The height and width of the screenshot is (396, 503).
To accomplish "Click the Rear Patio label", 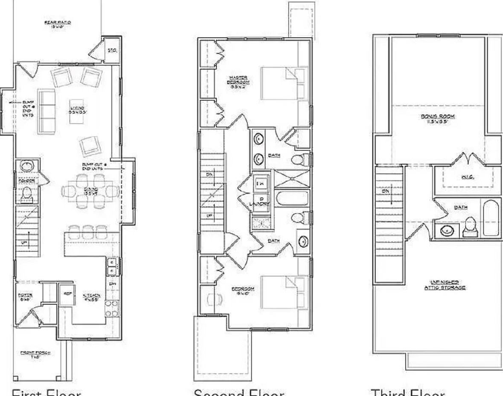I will pyautogui.click(x=58, y=24).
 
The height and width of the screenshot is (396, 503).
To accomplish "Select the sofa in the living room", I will pyautogui.click(x=47, y=111).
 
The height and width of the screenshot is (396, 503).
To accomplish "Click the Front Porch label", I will pyautogui.click(x=36, y=354).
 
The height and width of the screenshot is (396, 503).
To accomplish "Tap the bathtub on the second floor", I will pyautogui.click(x=292, y=199).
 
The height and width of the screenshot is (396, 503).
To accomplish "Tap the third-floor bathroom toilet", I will pyautogui.click(x=471, y=226).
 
